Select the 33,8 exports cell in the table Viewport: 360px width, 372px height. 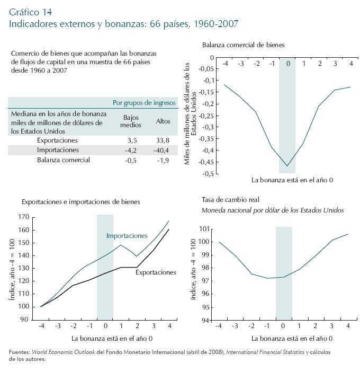click(163, 140)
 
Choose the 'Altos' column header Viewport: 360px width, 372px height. click(163, 121)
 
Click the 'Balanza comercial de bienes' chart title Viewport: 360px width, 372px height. click(244, 45)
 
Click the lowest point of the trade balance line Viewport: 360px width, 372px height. click(287, 166)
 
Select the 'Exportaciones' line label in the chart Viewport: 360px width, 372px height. click(156, 272)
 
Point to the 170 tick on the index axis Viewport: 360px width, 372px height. click(23, 217)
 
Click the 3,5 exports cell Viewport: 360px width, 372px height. click(132, 140)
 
